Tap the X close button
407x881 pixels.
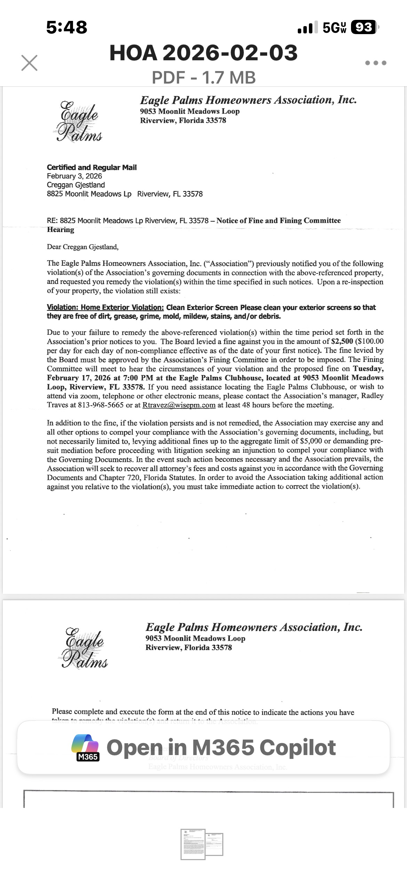(29, 63)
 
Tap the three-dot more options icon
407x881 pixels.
(376, 63)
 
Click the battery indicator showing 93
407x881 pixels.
(364, 27)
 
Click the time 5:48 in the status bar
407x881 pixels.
(67, 27)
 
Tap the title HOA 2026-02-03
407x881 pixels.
(203, 53)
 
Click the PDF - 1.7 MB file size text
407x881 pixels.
(203, 77)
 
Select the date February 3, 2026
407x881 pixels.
(74, 176)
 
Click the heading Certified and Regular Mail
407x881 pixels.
(92, 167)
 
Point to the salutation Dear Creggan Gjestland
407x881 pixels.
(83, 247)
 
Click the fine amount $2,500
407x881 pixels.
(342, 341)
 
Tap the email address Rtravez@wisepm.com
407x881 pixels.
(179, 405)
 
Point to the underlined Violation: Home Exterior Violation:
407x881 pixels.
(105, 308)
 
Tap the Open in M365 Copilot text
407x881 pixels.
(221, 747)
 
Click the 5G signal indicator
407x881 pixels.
(334, 27)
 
